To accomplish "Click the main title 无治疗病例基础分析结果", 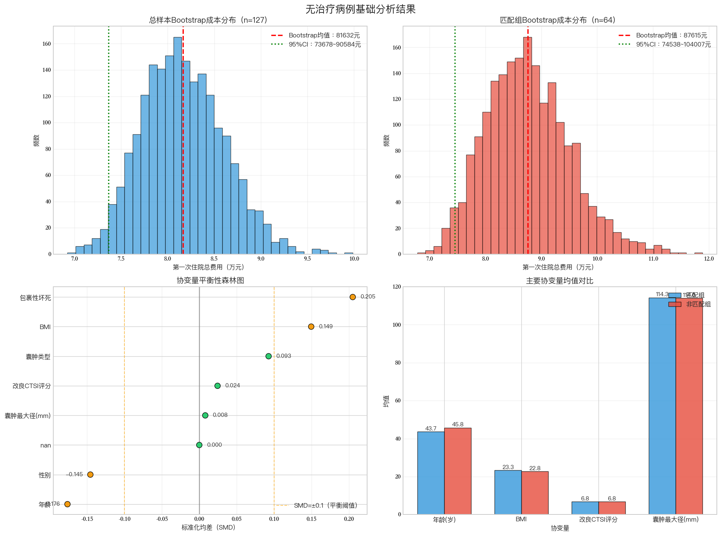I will (360, 9).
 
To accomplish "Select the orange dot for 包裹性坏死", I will (352, 297).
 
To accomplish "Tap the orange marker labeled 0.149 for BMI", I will (311, 326).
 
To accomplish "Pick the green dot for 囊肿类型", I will (268, 356).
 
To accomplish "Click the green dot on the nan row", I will (199, 445).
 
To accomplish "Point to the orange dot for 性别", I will (90, 474).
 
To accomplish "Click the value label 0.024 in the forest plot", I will (233, 385).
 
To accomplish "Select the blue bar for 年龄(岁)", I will (431, 473).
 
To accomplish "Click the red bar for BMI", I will (535, 492).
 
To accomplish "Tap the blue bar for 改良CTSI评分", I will (585, 508).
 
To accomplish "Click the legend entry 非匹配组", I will (698, 304).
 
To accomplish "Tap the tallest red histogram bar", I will (527, 146).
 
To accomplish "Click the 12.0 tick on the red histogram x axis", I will (709, 259).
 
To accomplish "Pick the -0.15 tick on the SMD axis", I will (87, 519).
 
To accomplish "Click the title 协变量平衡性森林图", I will (210, 280).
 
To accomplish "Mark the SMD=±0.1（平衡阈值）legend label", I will (325, 505).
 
